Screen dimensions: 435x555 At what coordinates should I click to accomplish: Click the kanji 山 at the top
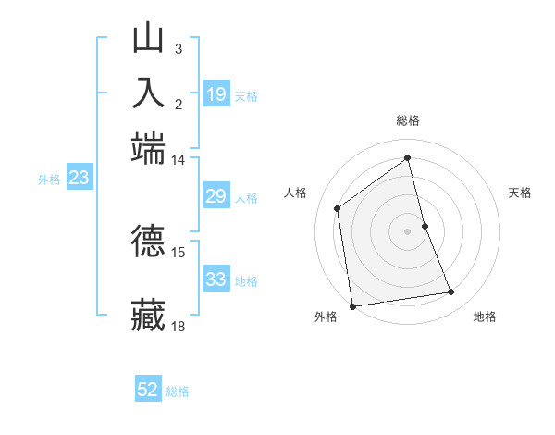(x=148, y=38)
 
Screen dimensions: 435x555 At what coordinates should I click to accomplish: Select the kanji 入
(x=148, y=93)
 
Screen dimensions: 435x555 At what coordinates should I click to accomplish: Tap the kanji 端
(x=148, y=146)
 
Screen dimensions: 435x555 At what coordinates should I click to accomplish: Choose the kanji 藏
(x=148, y=315)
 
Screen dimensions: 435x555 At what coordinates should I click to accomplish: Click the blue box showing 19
(x=216, y=94)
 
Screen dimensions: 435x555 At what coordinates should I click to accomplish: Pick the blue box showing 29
(x=216, y=196)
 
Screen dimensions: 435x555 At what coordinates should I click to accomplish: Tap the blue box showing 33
(x=216, y=280)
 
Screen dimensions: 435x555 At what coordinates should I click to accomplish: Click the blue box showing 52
(x=148, y=390)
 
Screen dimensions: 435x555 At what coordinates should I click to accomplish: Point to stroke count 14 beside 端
(x=178, y=159)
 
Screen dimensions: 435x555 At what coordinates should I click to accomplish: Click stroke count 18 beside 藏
(x=178, y=326)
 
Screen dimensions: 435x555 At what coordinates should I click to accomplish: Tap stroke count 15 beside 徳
(x=178, y=252)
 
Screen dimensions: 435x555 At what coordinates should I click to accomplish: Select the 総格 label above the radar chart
(x=408, y=120)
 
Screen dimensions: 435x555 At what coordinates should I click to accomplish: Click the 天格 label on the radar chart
(x=521, y=193)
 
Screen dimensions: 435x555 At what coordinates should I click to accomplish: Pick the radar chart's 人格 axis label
(x=296, y=193)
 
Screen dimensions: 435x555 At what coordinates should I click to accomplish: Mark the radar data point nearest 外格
(x=352, y=306)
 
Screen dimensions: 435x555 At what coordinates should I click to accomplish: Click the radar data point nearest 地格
(x=451, y=292)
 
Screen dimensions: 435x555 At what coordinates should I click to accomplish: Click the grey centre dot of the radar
(x=408, y=230)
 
